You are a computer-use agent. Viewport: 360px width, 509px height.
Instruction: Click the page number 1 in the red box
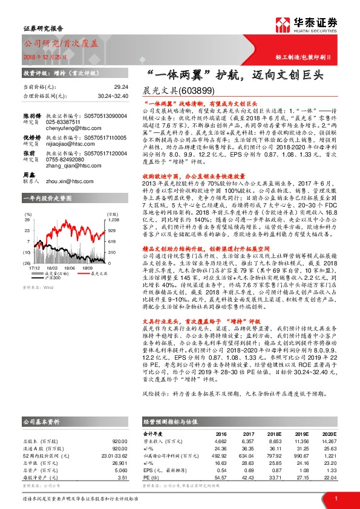(x=335, y=498)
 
